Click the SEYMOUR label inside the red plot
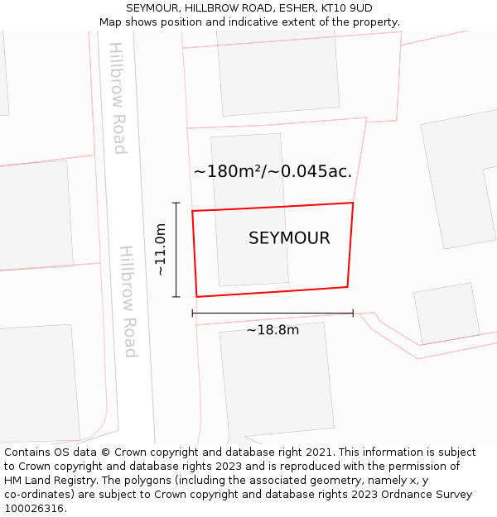coord(289,238)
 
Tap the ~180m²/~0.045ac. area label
coord(273,172)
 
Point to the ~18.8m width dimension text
coord(273,331)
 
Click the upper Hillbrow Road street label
coord(118,98)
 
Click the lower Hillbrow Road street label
coord(127,301)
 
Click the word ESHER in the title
coord(295,8)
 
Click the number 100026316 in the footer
coord(34,509)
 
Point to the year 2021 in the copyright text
coord(318,452)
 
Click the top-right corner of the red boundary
coord(353,203)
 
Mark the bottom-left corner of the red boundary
coord(196,296)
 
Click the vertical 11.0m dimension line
coord(176,249)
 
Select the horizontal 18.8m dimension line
coord(273,314)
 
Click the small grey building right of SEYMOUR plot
coord(446,313)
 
